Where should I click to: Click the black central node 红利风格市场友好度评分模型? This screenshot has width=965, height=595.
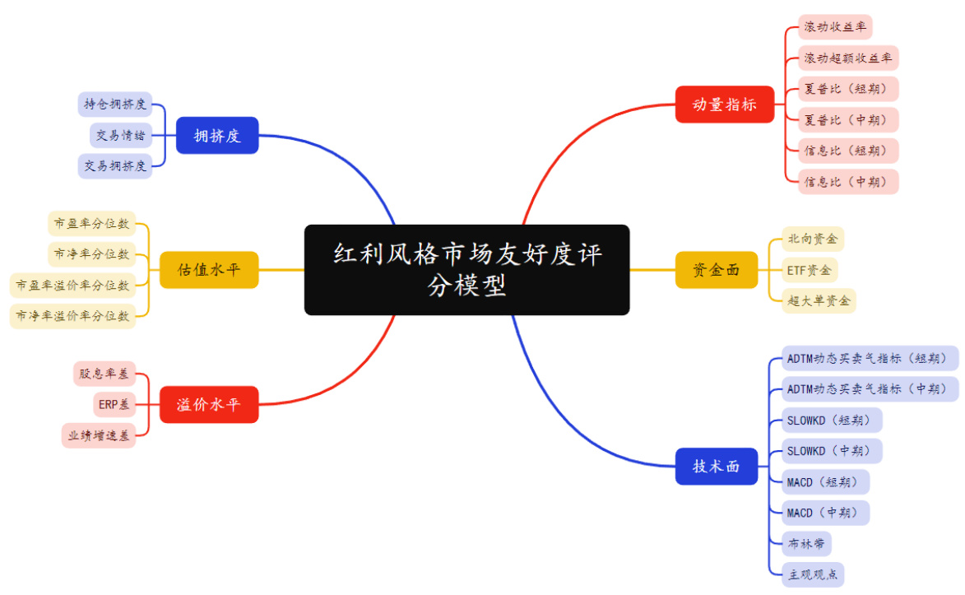pyautogui.click(x=466, y=269)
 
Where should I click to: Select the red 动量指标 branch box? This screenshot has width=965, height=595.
pyautogui.click(x=724, y=105)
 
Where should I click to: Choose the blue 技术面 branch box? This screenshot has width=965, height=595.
pyautogui.click(x=716, y=466)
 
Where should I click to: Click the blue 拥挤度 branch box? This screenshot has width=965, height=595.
pyautogui.click(x=217, y=136)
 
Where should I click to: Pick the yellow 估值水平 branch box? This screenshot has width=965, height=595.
pyautogui.click(x=209, y=269)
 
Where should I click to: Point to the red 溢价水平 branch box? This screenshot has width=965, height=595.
pyautogui.click(x=209, y=404)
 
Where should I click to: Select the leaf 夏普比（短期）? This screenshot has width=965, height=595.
pyautogui.click(x=847, y=89)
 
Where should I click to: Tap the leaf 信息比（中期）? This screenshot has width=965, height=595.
pyautogui.click(x=847, y=181)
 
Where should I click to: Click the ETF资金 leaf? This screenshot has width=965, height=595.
pyautogui.click(x=810, y=270)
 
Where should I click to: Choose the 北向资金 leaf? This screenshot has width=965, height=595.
pyautogui.click(x=813, y=239)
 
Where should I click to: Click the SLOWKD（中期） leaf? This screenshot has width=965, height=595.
pyautogui.click(x=833, y=451)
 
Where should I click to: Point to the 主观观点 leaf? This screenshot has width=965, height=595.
pyautogui.click(x=813, y=574)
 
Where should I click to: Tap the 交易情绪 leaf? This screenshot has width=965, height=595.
pyautogui.click(x=120, y=135)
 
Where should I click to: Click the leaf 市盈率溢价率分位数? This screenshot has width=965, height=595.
pyautogui.click(x=72, y=286)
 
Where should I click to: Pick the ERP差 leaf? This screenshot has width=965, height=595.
pyautogui.click(x=114, y=404)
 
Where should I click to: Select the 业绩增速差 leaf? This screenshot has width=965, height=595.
pyautogui.click(x=98, y=435)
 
